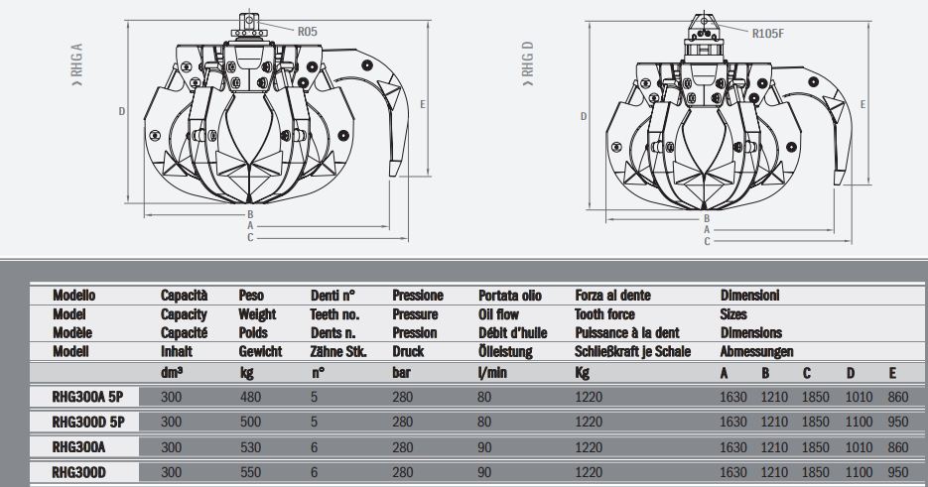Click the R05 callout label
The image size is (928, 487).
(307, 32)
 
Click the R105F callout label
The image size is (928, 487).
(768, 33)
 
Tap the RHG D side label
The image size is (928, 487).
(528, 61)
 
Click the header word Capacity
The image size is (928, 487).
(184, 313)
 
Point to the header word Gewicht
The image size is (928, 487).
(260, 351)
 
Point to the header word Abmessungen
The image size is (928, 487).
(757, 351)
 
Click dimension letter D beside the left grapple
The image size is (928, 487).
(121, 111)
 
